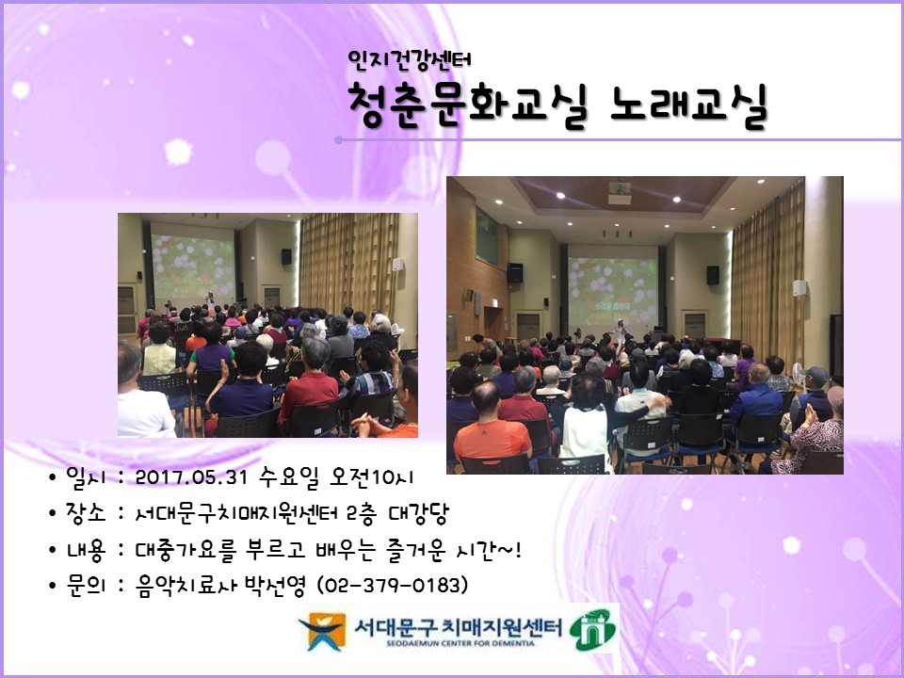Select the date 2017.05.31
coord(190,476)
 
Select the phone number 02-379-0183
coord(394,585)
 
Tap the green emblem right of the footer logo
coord(594,628)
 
